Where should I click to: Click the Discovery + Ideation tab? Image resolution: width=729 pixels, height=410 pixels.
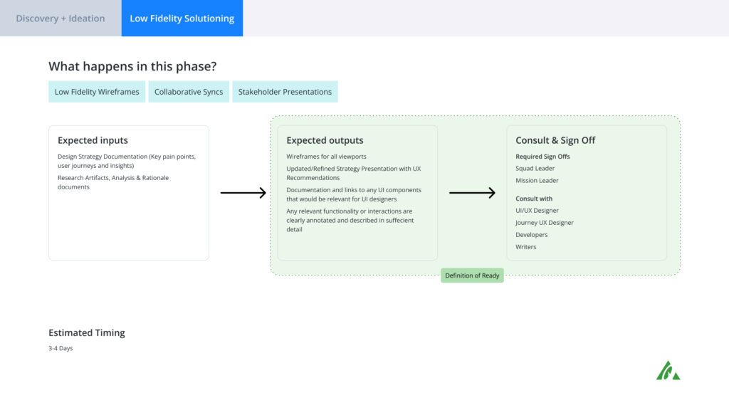coord(61,18)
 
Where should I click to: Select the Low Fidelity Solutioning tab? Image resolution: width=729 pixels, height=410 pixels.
coord(182,18)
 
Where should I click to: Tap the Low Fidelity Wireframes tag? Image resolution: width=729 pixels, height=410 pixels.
coord(97,92)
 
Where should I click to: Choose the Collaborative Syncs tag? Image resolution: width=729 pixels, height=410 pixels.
coord(189,92)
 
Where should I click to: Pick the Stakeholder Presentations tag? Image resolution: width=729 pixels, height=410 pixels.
coord(285,92)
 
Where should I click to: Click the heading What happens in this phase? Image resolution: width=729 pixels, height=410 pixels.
coord(132,66)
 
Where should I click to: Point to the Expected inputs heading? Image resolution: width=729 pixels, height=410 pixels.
coord(93,140)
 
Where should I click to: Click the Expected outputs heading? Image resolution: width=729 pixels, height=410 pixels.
coord(325,140)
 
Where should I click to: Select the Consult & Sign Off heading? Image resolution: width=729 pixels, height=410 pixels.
coord(555,140)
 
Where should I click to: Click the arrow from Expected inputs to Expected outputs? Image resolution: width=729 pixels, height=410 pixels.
coord(243,192)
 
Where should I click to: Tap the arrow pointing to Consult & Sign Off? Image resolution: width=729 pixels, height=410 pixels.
coord(473,192)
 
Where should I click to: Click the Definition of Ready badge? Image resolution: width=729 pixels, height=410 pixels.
coord(472,275)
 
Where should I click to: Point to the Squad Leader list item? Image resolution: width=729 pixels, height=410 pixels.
coord(535,168)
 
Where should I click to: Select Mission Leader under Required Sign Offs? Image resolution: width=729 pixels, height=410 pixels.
coord(537,180)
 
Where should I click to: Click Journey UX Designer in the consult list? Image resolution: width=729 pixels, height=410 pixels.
coord(545,223)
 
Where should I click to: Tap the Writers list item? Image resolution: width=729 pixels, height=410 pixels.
coord(526,247)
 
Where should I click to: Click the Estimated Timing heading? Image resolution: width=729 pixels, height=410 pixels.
coord(86,333)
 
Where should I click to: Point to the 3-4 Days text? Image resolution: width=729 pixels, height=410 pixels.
coord(61,348)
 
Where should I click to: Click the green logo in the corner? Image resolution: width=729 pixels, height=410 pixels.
coord(668,370)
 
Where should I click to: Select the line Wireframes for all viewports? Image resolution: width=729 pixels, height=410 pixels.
coord(326,157)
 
